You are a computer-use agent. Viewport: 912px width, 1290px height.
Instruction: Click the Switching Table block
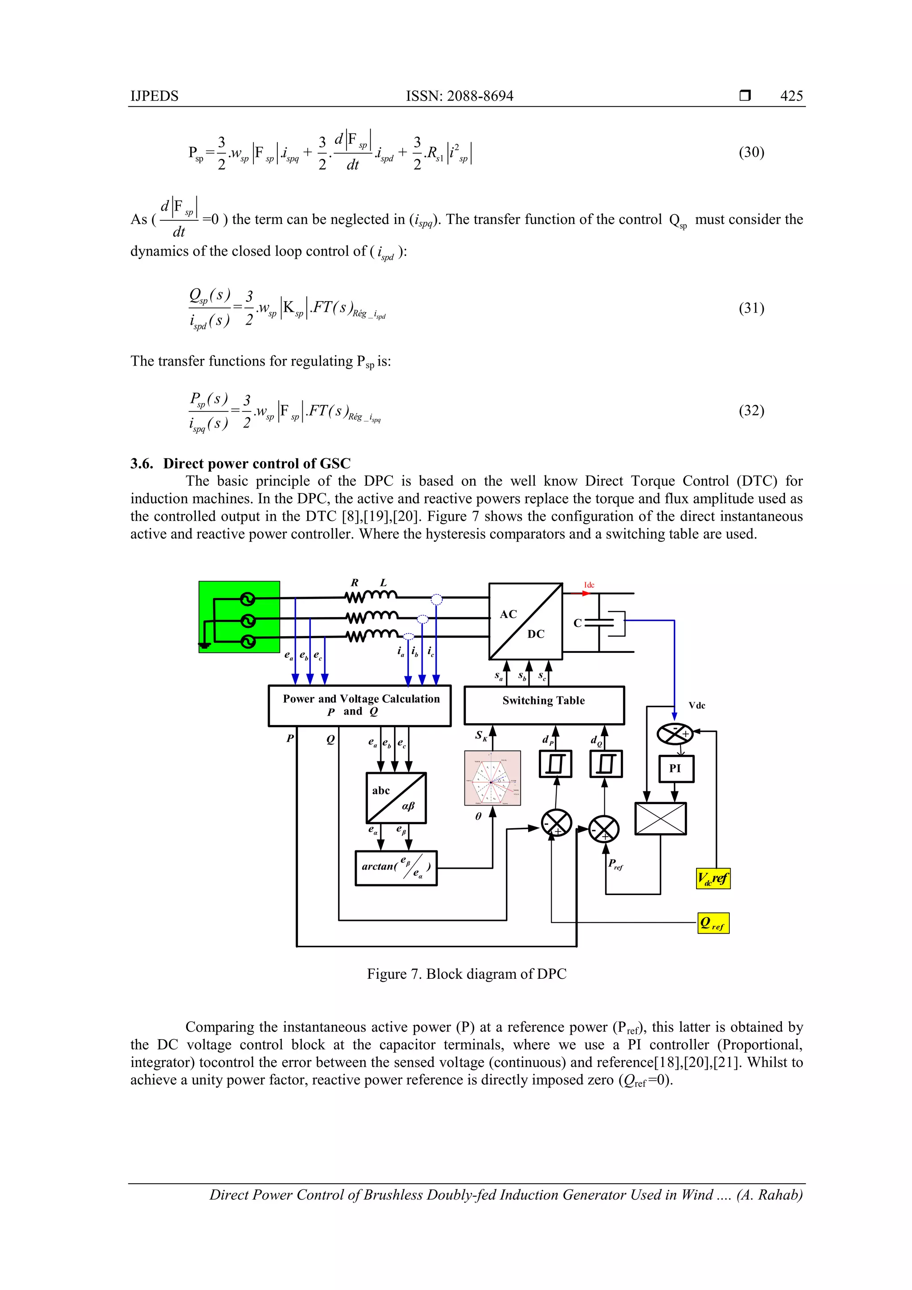point(543,705)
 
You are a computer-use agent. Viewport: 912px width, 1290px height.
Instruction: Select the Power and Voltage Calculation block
point(360,705)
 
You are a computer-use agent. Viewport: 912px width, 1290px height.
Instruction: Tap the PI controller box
point(676,769)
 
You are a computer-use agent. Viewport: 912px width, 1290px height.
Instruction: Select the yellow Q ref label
point(713,923)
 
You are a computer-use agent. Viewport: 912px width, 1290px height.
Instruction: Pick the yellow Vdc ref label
point(713,878)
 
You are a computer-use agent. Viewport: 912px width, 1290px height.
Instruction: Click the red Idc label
point(589,585)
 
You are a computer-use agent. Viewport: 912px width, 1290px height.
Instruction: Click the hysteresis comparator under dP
point(555,764)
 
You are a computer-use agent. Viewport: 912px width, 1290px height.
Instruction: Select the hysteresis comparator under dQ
point(606,764)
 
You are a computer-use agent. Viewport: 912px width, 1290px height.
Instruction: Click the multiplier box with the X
point(660,818)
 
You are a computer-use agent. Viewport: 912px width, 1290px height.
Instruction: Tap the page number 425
point(791,96)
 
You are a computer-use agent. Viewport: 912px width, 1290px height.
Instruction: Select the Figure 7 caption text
point(466,974)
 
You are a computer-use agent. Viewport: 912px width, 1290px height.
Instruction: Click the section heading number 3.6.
point(142,464)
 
